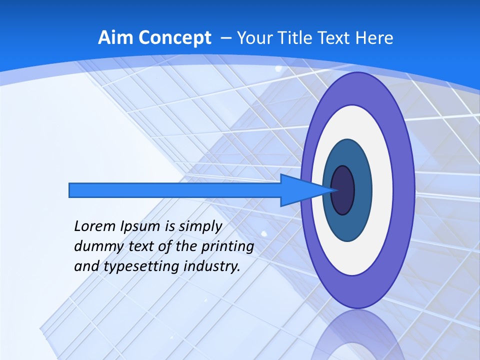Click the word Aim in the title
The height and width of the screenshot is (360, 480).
coord(115,38)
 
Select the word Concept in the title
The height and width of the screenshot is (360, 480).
coord(175,38)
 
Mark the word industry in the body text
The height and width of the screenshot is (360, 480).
coord(212,266)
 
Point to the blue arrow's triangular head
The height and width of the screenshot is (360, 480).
coord(300,190)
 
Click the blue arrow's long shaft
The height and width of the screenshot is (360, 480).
coord(175,190)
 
